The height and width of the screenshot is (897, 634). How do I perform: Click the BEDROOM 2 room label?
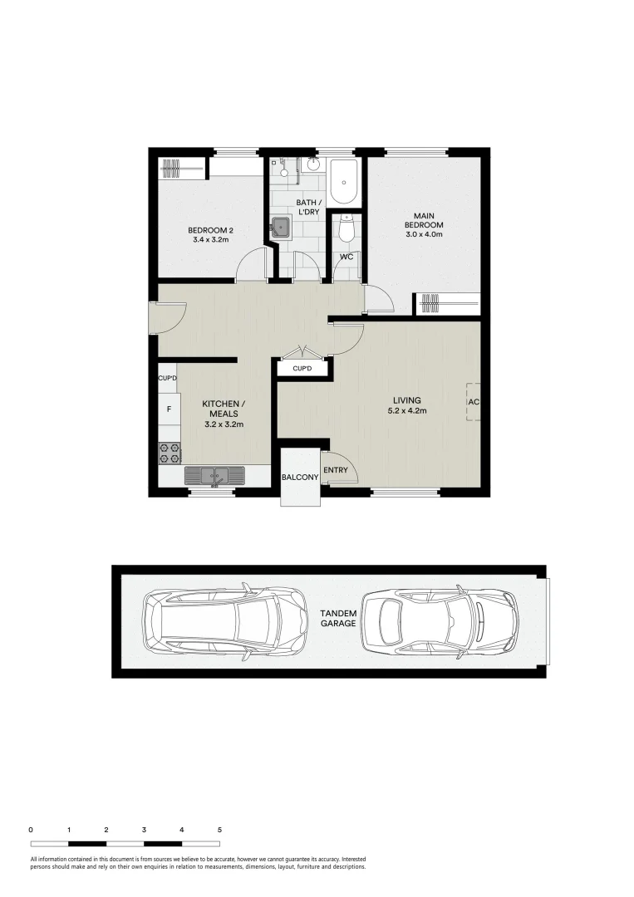pos(208,234)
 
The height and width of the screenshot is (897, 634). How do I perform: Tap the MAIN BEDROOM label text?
pos(424,224)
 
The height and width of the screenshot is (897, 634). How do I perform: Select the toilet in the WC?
pos(347,227)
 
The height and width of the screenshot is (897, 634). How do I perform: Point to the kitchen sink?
pos(214,476)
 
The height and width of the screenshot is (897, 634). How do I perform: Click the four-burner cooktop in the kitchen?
pos(170,453)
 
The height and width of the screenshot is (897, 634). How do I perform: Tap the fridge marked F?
pos(170,409)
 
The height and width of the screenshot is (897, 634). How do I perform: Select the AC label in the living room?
pos(474,402)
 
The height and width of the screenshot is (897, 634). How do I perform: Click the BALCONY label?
pos(299,478)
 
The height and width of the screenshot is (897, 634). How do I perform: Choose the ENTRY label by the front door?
pos(336,471)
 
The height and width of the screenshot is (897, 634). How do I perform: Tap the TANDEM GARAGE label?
pos(338,618)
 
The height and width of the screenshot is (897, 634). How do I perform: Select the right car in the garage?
pos(439,620)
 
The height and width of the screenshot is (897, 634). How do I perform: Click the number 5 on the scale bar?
pos(219,829)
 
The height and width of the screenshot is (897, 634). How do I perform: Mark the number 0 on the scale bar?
pos(31,829)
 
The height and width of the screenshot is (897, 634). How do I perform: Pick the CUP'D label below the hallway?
pos(302,368)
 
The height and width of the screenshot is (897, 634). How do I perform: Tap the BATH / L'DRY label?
pos(307,208)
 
